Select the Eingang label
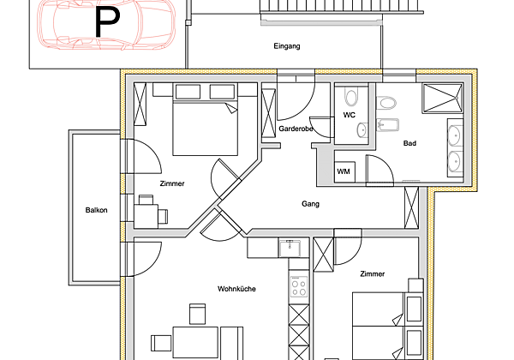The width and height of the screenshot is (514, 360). click(x=287, y=45)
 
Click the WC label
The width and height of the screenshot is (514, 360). click(x=350, y=114)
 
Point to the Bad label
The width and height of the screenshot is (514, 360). click(x=409, y=143)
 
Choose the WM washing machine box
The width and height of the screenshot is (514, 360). click(x=344, y=172)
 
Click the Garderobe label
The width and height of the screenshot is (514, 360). click(x=295, y=128)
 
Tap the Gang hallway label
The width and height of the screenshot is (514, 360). click(x=311, y=204)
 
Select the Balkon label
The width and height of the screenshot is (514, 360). click(x=96, y=210)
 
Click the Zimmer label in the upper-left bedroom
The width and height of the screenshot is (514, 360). click(x=172, y=183)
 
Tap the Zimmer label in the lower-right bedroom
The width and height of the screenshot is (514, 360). click(x=372, y=273)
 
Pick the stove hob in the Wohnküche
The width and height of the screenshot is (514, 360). click(x=299, y=286)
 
